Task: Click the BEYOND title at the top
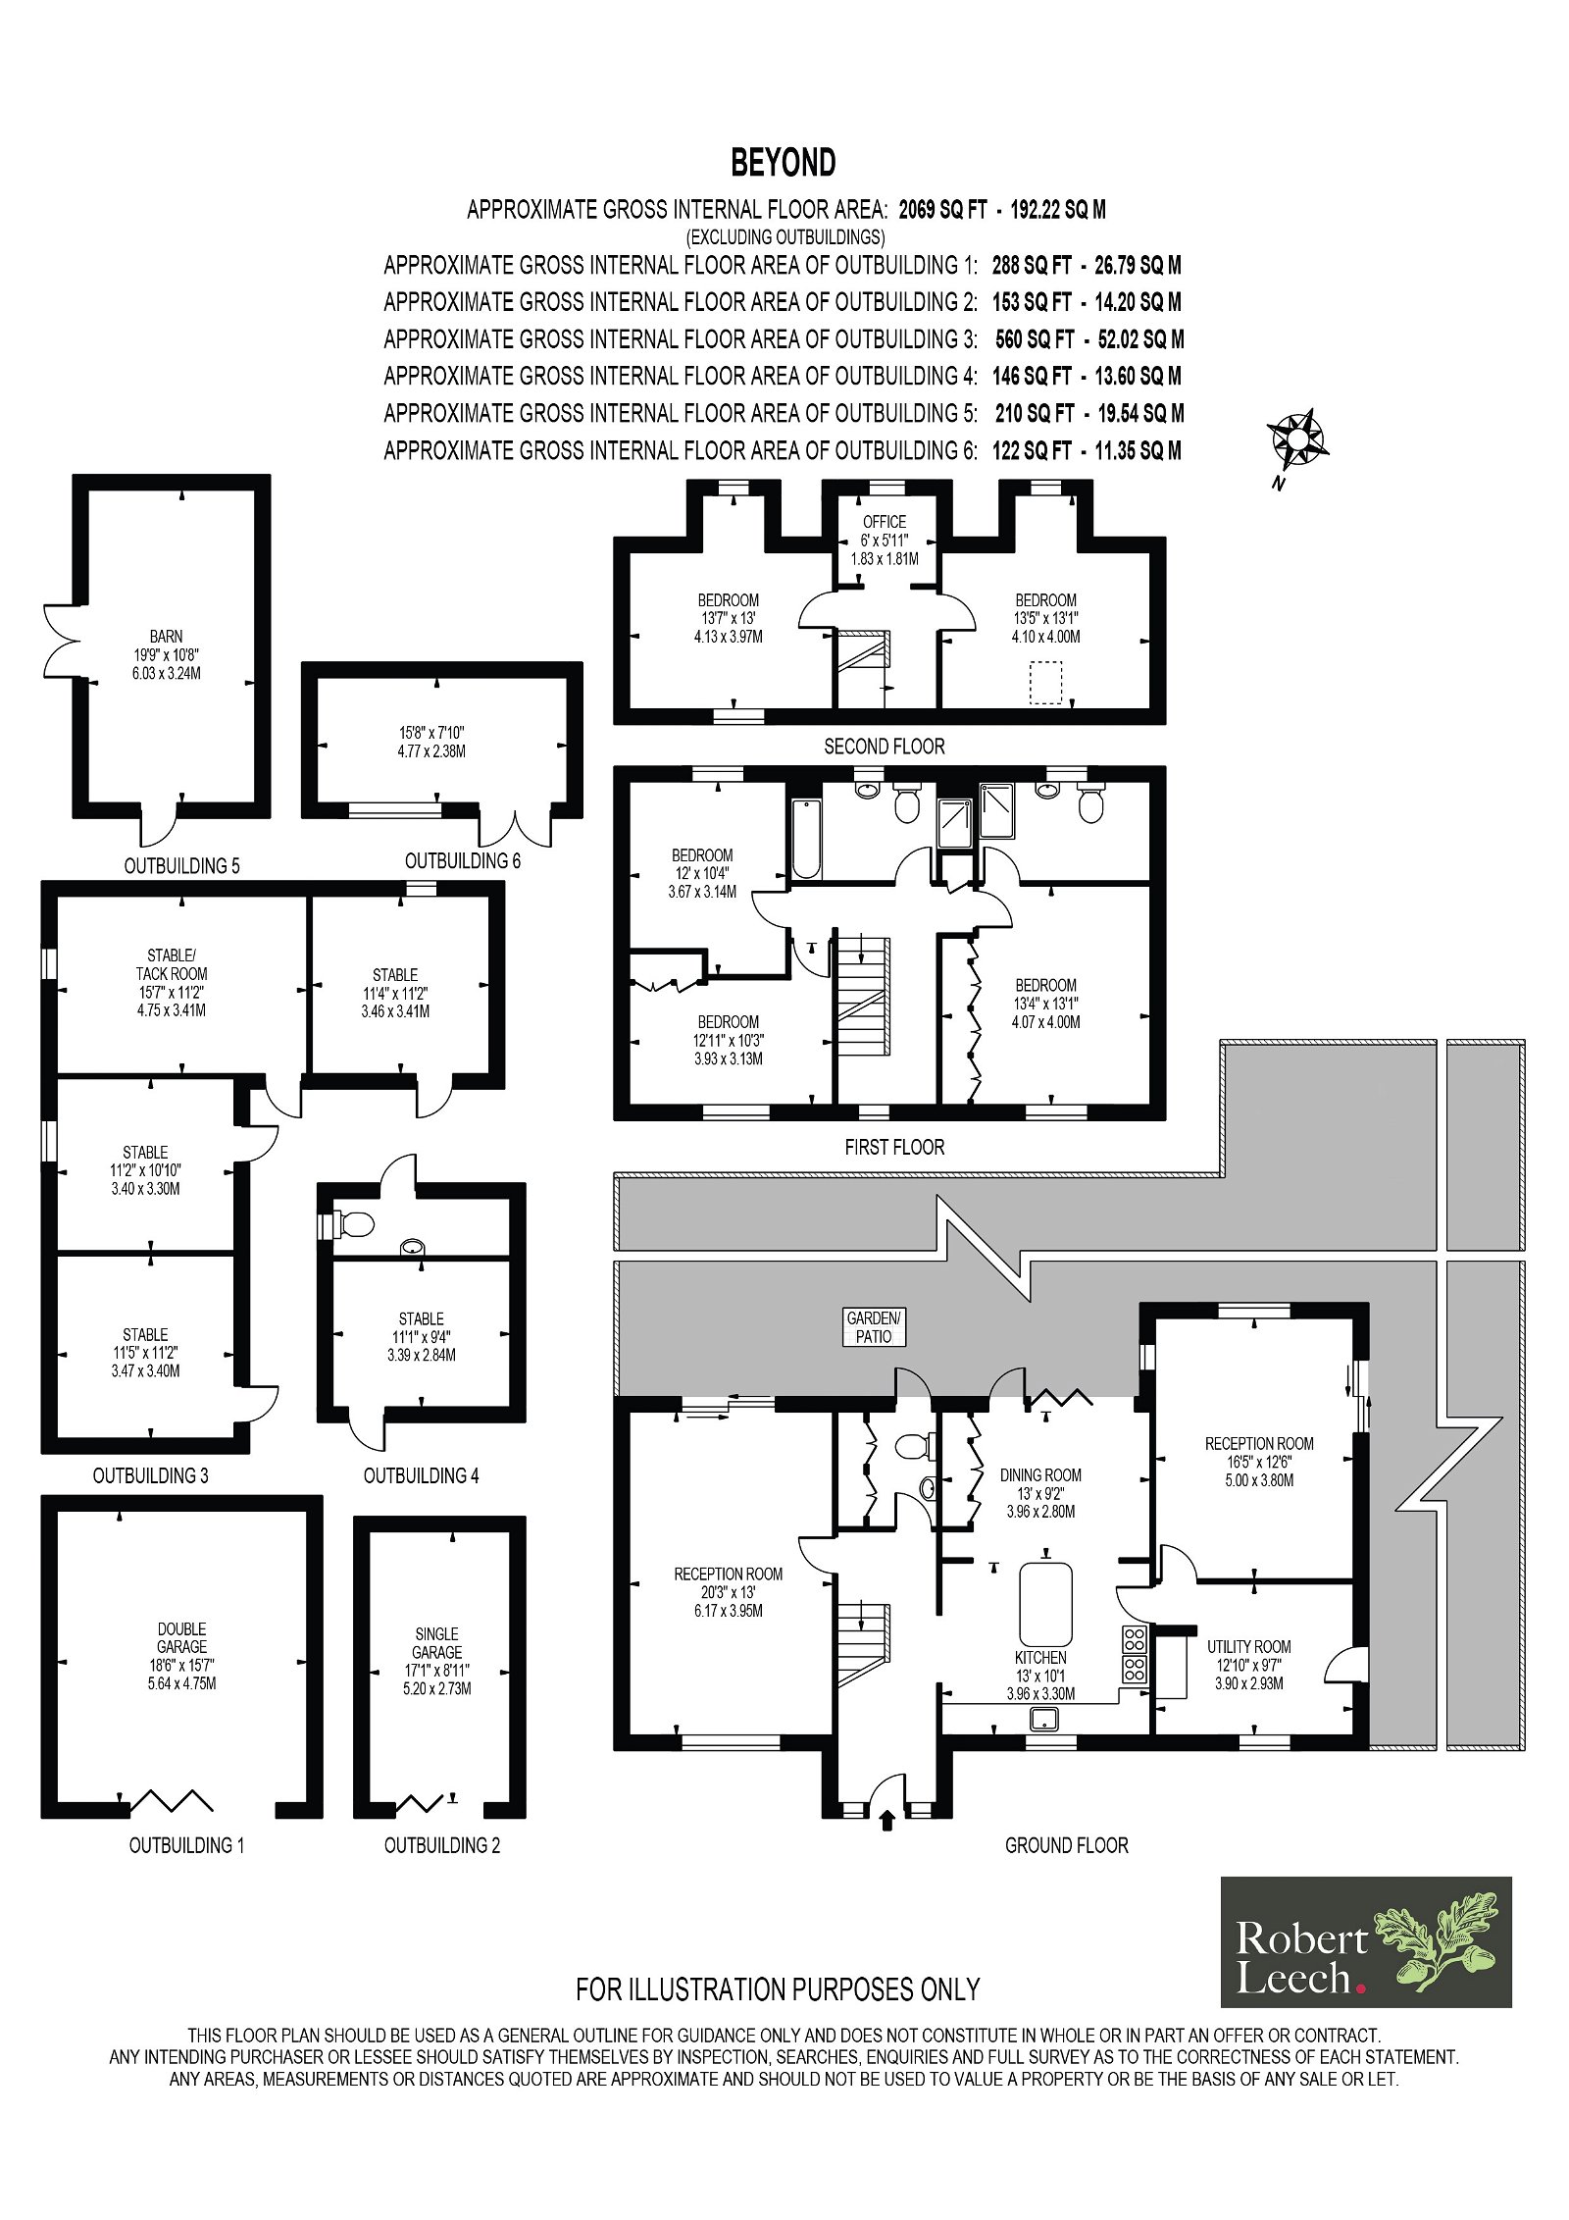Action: coord(783,163)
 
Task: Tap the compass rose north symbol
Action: coord(1296,439)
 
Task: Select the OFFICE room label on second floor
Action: coord(885,522)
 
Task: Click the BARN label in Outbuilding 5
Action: coord(166,637)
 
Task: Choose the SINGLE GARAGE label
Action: coord(436,1643)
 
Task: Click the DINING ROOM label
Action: coord(1040,1474)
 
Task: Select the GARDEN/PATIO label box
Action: coord(874,1326)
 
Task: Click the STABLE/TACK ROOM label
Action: coord(172,964)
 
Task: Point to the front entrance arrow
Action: coord(888,1822)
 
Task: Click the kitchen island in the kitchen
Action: coord(1045,1604)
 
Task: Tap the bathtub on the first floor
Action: coord(805,839)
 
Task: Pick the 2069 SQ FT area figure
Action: coord(942,209)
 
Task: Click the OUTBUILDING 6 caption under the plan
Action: coord(463,860)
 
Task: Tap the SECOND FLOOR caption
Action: coord(885,747)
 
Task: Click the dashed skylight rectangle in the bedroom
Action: coord(1046,683)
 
